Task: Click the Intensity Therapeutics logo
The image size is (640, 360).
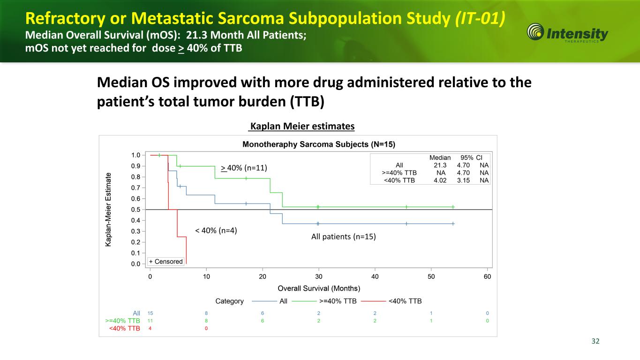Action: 568,34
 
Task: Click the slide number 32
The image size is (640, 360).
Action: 595,341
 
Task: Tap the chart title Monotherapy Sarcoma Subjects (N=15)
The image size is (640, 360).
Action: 322,144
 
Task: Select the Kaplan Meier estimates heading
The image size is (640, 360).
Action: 302,127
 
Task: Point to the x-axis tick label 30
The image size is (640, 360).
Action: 318,276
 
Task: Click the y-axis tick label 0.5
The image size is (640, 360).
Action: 136,210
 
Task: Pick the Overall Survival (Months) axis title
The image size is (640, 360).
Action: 319,288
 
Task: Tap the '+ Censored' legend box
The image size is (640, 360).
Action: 166,261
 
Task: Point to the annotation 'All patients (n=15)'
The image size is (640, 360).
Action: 344,237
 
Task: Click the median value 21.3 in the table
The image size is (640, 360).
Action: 440,165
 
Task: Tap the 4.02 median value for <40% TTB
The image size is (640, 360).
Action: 440,180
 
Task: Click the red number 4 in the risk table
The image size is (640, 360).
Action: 150,328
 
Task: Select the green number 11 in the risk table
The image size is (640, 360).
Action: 150,321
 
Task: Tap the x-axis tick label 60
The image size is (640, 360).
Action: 487,276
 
